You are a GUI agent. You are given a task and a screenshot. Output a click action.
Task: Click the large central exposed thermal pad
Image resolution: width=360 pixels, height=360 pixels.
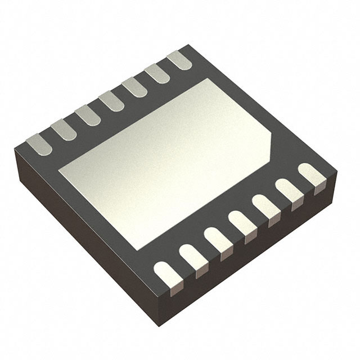click(x=163, y=163)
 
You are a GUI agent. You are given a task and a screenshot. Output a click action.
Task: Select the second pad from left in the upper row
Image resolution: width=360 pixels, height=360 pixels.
click(x=64, y=130)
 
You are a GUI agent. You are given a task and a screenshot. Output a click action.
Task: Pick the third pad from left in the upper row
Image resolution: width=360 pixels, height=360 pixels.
click(x=88, y=115)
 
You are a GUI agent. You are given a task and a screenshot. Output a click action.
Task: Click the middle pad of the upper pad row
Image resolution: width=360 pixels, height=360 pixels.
click(x=111, y=101)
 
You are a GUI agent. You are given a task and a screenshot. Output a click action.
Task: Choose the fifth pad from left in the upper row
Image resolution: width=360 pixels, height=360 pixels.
click(x=134, y=87)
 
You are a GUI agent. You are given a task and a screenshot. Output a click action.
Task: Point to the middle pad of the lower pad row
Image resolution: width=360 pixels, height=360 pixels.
click(x=243, y=223)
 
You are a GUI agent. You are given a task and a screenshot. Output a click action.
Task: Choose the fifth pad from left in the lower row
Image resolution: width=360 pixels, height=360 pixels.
click(x=267, y=207)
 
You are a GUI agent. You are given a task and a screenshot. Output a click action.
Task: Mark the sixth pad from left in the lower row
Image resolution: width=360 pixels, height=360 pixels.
click(x=290, y=191)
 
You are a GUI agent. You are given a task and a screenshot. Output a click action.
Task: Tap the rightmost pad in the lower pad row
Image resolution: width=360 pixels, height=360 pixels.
click(x=312, y=175)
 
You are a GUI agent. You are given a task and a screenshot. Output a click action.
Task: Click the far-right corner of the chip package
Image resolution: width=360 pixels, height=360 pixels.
click(x=336, y=172)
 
